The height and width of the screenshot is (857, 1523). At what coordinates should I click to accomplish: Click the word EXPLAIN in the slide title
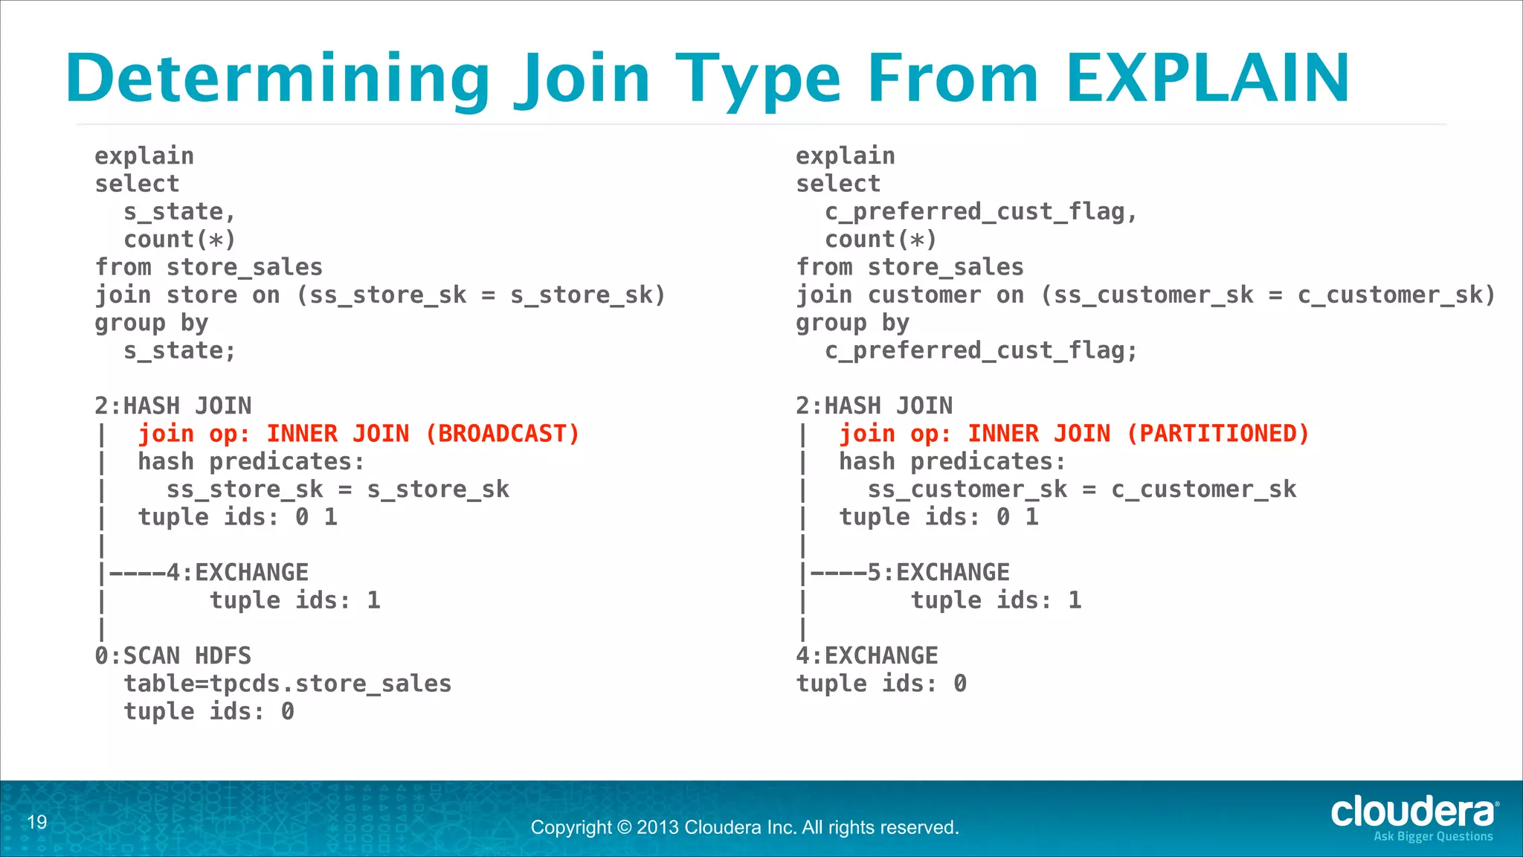tap(1208, 78)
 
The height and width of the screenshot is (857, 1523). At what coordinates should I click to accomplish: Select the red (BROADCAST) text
tap(502, 434)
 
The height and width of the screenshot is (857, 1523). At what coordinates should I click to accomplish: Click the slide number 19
tap(37, 822)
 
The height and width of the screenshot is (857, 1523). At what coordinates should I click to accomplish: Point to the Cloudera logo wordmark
tap(1413, 812)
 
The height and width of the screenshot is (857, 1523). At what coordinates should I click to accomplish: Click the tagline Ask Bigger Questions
tap(1433, 837)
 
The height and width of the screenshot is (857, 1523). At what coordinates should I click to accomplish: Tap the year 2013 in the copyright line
tap(657, 827)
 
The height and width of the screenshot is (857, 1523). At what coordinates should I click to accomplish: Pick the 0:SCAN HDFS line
tap(173, 656)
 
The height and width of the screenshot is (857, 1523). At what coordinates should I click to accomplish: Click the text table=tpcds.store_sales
tap(288, 684)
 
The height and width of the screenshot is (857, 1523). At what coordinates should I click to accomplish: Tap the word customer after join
tap(924, 295)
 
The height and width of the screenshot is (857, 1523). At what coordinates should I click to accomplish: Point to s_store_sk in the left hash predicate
tap(438, 490)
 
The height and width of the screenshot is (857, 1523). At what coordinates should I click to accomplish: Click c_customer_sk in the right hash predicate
tap(1204, 490)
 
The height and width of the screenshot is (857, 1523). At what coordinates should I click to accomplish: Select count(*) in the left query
tap(179, 240)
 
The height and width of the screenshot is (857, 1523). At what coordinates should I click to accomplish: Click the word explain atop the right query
tap(846, 156)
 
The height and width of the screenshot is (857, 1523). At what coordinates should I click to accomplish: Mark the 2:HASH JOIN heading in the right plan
tap(874, 406)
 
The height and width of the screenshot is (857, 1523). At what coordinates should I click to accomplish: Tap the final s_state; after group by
tap(179, 351)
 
